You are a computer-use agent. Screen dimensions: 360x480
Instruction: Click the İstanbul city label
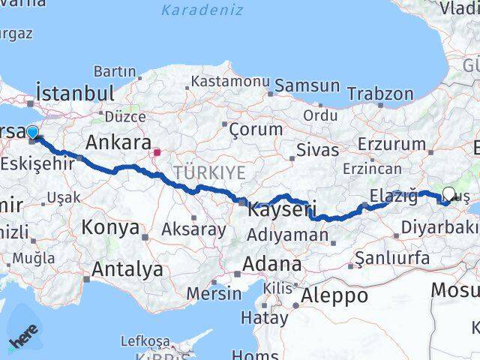click(x=75, y=94)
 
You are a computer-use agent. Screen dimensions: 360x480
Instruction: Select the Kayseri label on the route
click(x=280, y=209)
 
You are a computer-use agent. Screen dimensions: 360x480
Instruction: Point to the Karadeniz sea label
click(x=201, y=10)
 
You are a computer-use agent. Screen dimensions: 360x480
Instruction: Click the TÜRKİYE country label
click(x=209, y=172)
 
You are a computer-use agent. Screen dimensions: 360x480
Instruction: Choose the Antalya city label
click(x=127, y=269)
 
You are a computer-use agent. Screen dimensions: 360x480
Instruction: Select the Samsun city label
click(x=307, y=85)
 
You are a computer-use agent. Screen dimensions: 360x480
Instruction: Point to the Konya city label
click(x=110, y=227)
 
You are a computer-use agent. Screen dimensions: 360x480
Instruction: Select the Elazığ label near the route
click(x=393, y=197)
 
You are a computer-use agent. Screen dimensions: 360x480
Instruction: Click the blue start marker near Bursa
click(x=32, y=133)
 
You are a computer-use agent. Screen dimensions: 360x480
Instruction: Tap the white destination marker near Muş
click(x=449, y=193)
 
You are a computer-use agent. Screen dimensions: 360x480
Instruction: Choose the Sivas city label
click(x=317, y=149)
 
